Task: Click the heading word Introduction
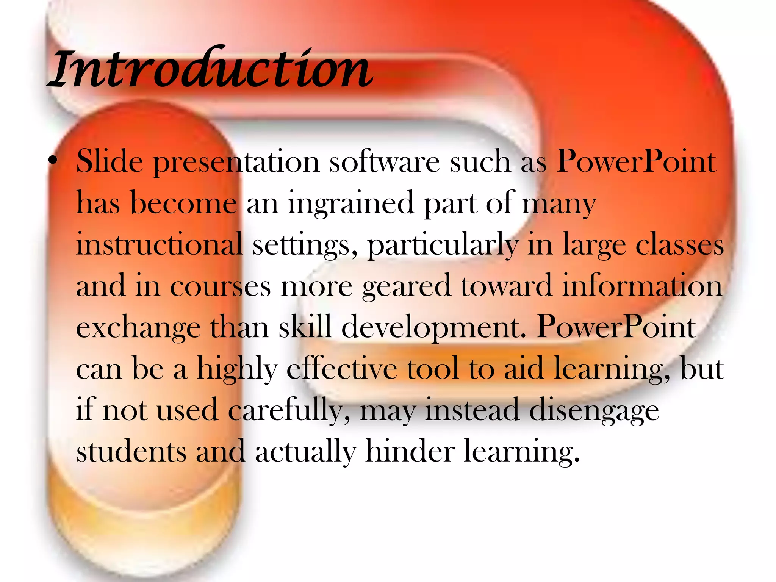point(211,68)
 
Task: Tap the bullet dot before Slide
point(53,161)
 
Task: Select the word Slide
point(110,161)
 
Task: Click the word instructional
point(159,244)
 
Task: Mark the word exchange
point(138,328)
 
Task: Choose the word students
point(131,451)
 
